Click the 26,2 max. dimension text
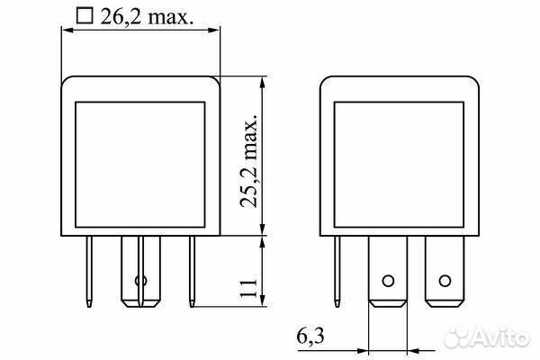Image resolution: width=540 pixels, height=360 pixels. (x=147, y=16)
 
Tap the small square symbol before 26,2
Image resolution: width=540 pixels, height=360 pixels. (x=85, y=16)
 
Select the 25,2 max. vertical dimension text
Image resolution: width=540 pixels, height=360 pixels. (x=249, y=160)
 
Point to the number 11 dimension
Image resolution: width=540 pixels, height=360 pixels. (x=248, y=288)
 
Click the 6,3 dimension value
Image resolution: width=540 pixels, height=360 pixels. (x=310, y=336)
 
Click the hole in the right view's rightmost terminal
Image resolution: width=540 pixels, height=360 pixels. (x=445, y=281)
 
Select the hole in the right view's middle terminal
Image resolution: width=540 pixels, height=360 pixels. (x=388, y=281)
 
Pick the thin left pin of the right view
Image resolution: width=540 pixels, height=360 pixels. (x=337, y=272)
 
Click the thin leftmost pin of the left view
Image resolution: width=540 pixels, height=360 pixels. (x=89, y=272)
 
